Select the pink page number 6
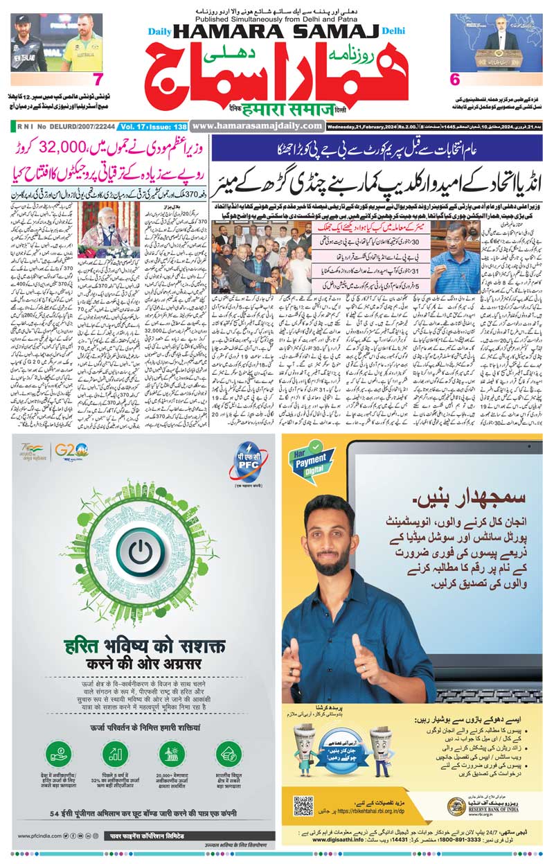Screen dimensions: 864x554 point(455,79)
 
